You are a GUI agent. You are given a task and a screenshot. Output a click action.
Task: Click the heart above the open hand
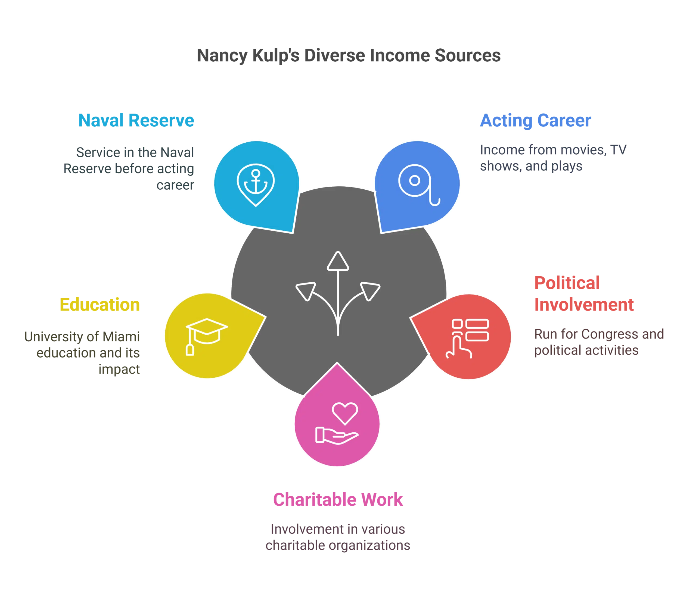[345, 413]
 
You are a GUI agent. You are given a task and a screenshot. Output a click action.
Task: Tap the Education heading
[100, 305]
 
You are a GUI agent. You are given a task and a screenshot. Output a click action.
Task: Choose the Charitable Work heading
[338, 499]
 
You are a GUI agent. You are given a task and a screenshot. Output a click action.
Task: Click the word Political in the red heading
[566, 283]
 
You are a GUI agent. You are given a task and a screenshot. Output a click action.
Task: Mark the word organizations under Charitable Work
[369, 546]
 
